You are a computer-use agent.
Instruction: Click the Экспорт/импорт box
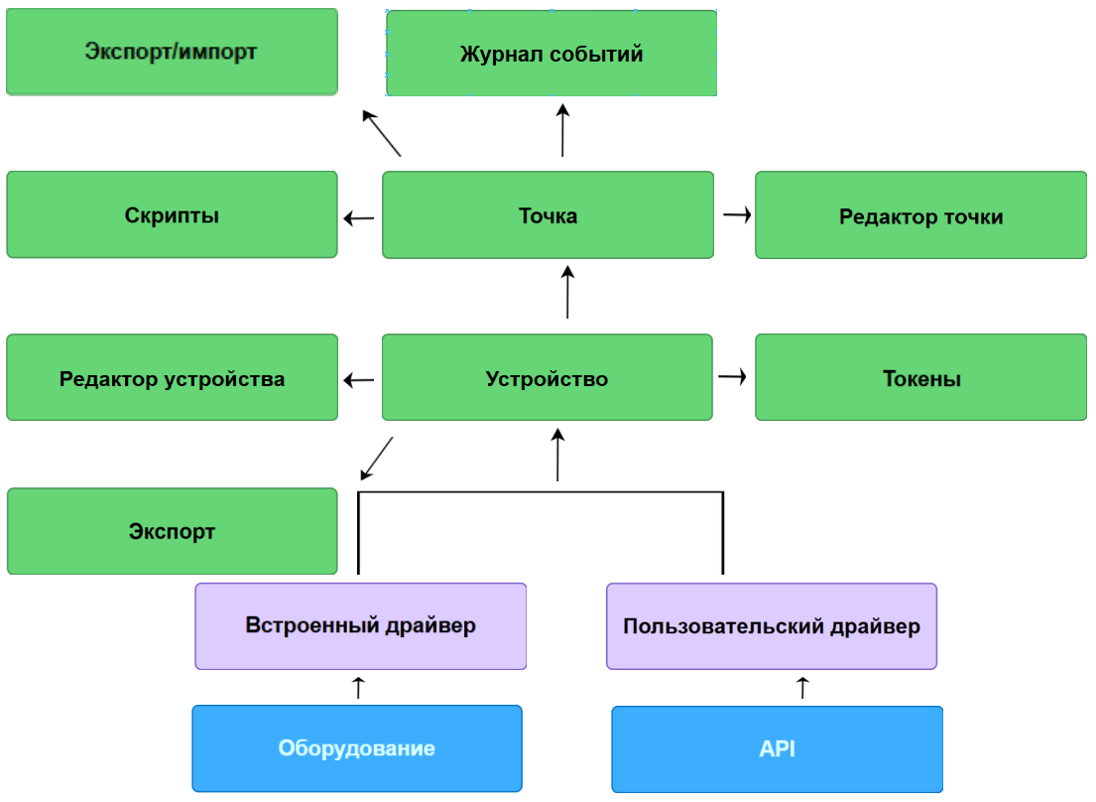click(172, 52)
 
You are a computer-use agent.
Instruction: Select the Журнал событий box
click(550, 54)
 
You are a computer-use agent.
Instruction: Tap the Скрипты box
click(172, 215)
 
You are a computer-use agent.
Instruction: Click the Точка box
click(548, 215)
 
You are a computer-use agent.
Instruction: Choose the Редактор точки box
click(920, 215)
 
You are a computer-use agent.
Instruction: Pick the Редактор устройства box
click(172, 378)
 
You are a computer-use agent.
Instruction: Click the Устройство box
click(547, 378)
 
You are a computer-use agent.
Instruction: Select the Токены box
click(920, 378)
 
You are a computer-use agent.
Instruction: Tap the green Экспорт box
click(172, 531)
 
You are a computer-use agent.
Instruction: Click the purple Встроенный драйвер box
click(360, 626)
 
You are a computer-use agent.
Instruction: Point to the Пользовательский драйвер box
click(771, 626)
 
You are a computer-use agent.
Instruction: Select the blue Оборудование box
click(356, 748)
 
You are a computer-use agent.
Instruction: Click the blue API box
click(777, 748)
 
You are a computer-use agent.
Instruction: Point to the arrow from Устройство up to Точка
click(567, 292)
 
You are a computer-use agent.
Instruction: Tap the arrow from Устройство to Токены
click(732, 376)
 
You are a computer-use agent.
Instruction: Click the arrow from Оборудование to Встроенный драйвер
click(359, 687)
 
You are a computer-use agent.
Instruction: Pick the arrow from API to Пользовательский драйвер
click(803, 687)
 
